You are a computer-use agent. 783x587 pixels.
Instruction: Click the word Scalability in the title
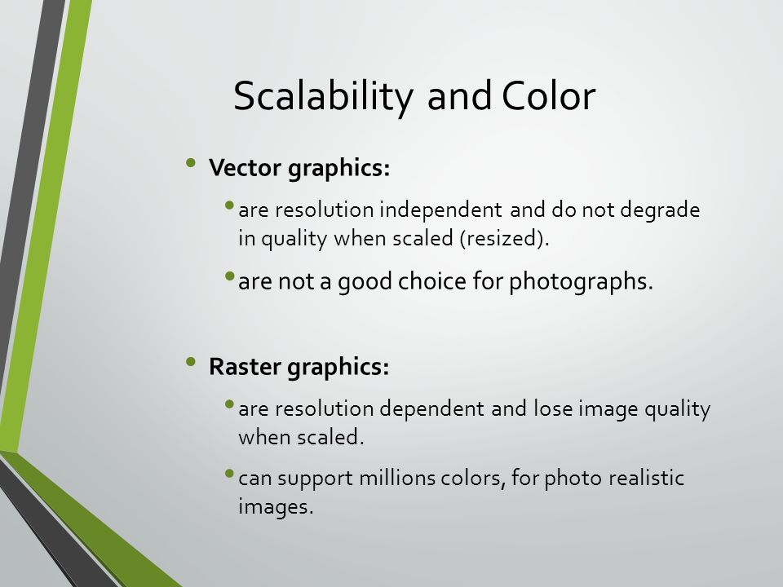coord(323,97)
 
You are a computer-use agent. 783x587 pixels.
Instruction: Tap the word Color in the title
coord(549,95)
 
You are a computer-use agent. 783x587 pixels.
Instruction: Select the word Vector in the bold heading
coord(246,167)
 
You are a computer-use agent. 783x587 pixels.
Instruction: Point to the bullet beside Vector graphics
coord(190,162)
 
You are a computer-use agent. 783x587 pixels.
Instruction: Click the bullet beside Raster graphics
coord(190,361)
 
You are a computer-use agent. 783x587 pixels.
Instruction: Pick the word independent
coord(441,210)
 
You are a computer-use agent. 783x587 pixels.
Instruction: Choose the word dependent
coord(432,408)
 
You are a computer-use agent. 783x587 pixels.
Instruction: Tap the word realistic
coord(646,478)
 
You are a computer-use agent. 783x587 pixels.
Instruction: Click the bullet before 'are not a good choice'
coord(230,276)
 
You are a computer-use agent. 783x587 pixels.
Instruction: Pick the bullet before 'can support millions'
coord(230,473)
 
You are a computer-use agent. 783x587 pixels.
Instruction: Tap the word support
coord(315,479)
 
